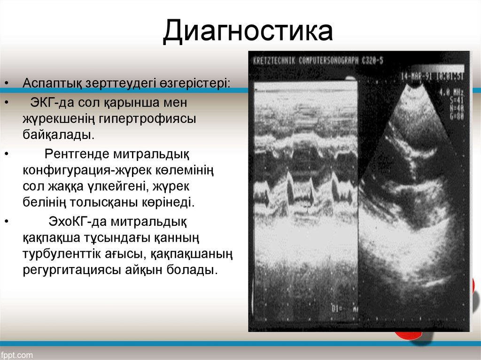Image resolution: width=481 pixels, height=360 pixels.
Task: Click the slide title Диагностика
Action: tap(248, 32)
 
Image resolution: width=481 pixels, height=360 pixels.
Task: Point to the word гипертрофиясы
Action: tap(147, 119)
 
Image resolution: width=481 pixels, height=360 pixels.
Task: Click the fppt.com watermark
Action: tap(18, 354)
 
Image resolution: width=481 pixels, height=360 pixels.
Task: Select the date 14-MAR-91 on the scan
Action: tap(416, 77)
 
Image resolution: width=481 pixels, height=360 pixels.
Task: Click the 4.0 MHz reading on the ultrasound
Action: tap(451, 92)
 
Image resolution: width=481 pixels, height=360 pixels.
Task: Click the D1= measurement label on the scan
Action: tap(337, 308)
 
